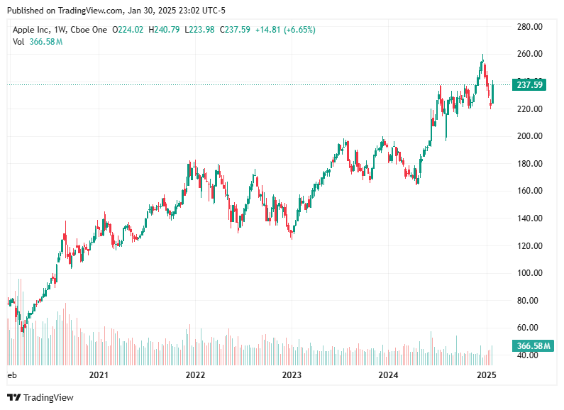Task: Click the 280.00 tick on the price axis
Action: [x=529, y=27]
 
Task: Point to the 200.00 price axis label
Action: [x=529, y=136]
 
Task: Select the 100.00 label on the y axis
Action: [x=529, y=273]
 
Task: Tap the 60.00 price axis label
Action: [x=529, y=328]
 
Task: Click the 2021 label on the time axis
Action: [x=99, y=375]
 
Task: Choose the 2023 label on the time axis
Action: [x=292, y=375]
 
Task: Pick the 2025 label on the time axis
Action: [x=485, y=375]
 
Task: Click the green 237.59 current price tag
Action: [x=530, y=85]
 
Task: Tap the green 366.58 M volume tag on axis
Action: [x=533, y=346]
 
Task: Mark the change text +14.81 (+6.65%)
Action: [x=287, y=30]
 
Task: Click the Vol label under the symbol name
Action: [x=18, y=42]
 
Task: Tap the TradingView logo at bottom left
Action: [x=40, y=398]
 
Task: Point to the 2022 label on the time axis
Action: [x=195, y=375]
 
